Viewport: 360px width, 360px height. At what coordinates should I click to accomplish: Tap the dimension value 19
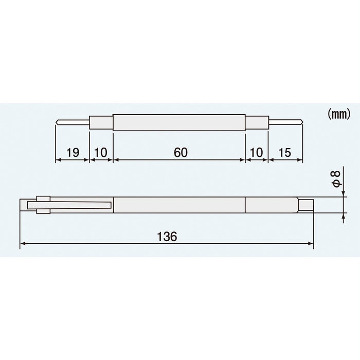73,152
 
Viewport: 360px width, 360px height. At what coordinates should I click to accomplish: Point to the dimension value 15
286,152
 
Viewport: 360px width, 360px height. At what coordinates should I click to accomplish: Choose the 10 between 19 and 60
101,152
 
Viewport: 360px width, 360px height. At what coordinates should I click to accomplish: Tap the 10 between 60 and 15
256,152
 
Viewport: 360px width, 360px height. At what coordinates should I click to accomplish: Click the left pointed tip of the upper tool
57,122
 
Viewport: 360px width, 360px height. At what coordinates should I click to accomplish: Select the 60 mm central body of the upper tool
179,122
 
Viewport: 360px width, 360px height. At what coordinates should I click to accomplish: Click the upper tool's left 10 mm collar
101,122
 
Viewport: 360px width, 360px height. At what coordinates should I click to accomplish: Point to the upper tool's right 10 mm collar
256,122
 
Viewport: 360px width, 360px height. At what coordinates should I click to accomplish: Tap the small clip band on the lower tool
43,204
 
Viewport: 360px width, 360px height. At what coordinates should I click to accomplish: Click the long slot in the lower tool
77,206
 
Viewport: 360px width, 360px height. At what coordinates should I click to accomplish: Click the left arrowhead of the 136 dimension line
22,245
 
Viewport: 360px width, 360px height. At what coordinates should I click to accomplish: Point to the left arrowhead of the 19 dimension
57,160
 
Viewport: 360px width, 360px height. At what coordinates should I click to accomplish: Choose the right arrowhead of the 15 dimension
304,160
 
